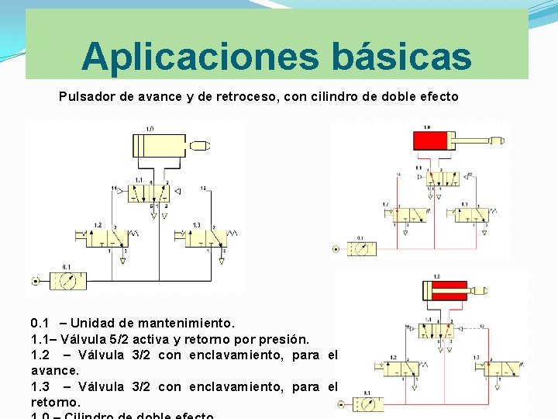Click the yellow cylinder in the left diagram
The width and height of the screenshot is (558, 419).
pyautogui.click(x=159, y=145)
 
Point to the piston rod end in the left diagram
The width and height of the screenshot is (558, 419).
pyautogui.click(x=201, y=145)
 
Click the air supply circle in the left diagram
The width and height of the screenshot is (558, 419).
pyautogui.click(x=35, y=280)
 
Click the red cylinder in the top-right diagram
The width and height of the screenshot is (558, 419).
pyautogui.click(x=436, y=141)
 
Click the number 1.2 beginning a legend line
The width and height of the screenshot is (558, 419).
pyautogui.click(x=40, y=355)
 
